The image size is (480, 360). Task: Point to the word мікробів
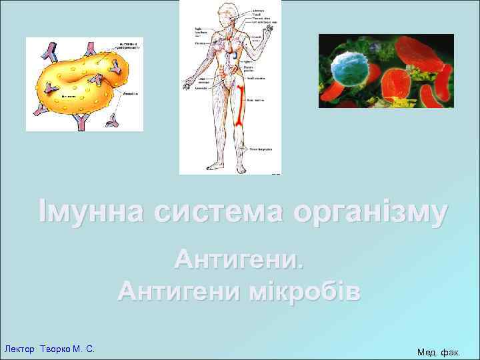[x=307, y=291]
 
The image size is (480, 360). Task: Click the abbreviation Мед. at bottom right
[x=428, y=351]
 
